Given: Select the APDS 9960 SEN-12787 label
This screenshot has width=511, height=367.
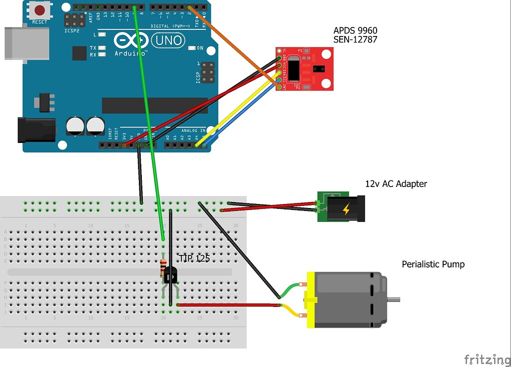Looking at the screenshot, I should (x=355, y=34).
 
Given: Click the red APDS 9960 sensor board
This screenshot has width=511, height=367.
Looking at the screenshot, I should (x=305, y=68).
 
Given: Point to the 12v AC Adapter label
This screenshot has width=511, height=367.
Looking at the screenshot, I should (x=396, y=184).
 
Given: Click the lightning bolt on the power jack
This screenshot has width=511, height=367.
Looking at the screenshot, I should (x=346, y=209).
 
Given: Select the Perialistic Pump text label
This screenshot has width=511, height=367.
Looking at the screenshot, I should (x=433, y=264).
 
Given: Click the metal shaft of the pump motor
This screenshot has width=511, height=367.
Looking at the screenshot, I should (x=393, y=300).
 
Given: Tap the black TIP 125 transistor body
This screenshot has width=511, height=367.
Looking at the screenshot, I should (x=170, y=274).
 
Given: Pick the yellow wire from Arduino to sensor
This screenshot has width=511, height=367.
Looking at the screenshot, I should (x=240, y=110).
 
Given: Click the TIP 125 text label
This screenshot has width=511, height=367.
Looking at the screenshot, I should (x=194, y=259).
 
